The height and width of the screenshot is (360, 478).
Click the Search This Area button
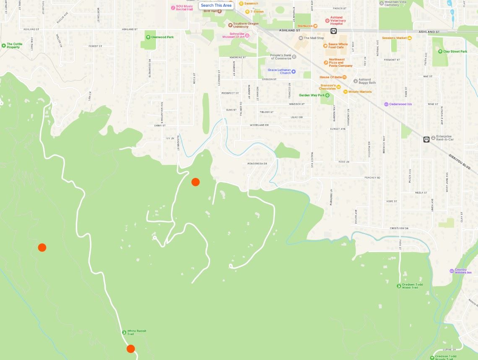[216, 5]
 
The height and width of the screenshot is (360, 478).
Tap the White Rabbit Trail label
[136, 332]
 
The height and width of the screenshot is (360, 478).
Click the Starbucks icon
[315, 26]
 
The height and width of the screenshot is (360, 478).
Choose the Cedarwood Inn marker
[386, 104]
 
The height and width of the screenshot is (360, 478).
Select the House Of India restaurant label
[330, 77]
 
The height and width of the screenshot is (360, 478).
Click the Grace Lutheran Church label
[279, 71]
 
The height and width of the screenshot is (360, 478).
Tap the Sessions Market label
[395, 38]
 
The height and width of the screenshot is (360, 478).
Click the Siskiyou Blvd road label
[460, 162]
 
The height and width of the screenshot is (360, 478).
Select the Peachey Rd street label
[372, 177]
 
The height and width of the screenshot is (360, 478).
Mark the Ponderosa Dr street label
[257, 164]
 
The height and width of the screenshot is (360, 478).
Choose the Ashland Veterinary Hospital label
[338, 20]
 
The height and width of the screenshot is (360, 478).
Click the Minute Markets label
[360, 91]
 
